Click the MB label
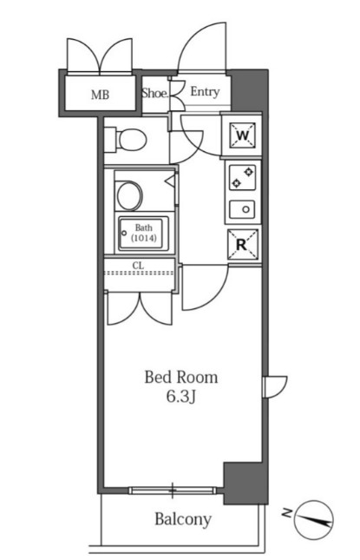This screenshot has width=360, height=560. tap(100, 95)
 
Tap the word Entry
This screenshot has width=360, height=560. tap(205, 92)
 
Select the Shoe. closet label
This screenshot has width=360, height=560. tap(155, 93)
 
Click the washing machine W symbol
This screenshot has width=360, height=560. tap(243, 135)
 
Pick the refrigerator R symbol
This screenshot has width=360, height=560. tap(243, 244)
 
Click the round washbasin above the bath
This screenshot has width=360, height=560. tap(129, 195)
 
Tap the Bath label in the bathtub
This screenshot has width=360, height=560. tap(143, 227)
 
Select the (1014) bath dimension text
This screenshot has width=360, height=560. tap(143, 238)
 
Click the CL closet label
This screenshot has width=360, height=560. tap(139, 266)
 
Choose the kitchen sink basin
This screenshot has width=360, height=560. tap(242, 209)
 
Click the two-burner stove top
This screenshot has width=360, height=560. tap(243, 177)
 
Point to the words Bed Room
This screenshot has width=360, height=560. tap(181, 377)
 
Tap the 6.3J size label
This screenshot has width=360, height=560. tap(181, 397)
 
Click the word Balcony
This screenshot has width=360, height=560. tap(183, 519)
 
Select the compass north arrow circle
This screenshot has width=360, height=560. tap(314, 520)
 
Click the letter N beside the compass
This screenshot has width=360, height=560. tap(287, 513)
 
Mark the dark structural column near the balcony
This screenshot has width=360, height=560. tap(245, 483)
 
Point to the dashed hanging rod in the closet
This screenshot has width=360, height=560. tap(139, 273)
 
